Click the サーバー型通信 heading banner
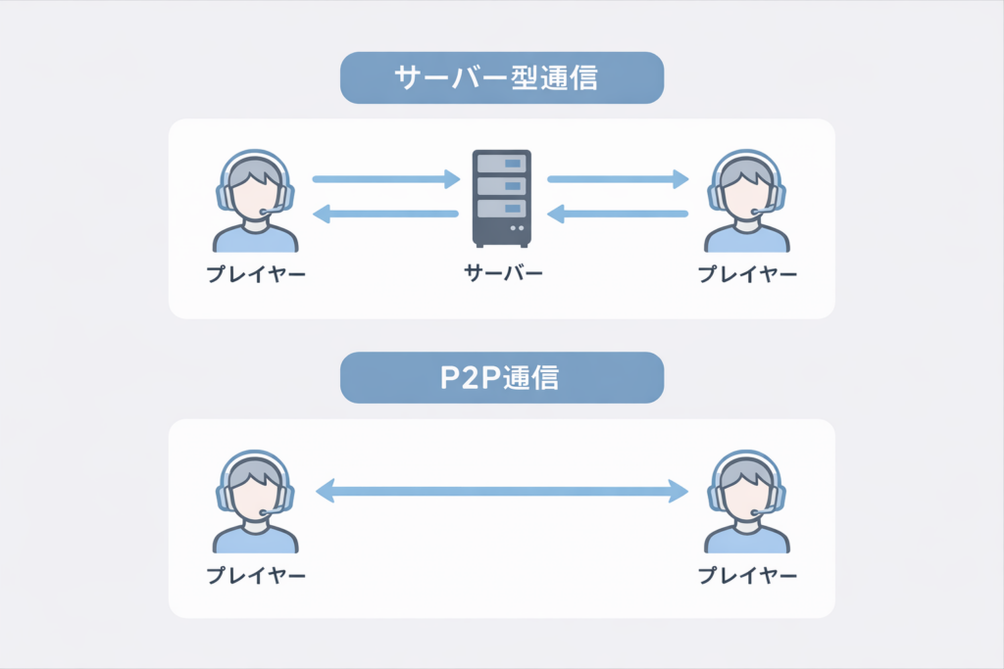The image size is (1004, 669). click(502, 78)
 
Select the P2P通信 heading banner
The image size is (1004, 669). click(502, 378)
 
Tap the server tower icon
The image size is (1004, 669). click(502, 198)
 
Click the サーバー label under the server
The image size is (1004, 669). click(502, 274)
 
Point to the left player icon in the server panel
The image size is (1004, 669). click(255, 201)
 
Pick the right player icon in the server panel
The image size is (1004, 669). click(747, 201)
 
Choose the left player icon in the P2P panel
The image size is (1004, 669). click(255, 501)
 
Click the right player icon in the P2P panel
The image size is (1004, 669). click(747, 501)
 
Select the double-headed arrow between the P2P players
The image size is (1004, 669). click(502, 491)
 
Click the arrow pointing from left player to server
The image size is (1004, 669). click(385, 179)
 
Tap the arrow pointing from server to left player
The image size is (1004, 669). click(385, 214)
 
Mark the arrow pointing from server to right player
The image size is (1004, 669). click(618, 179)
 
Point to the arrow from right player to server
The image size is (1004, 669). click(618, 214)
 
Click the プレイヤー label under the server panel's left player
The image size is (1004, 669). click(256, 275)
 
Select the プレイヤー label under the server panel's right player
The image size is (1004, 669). click(747, 275)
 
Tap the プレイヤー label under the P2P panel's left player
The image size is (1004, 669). click(256, 576)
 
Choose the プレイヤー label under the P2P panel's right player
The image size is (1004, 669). click(747, 576)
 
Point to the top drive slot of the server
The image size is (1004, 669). click(502, 164)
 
